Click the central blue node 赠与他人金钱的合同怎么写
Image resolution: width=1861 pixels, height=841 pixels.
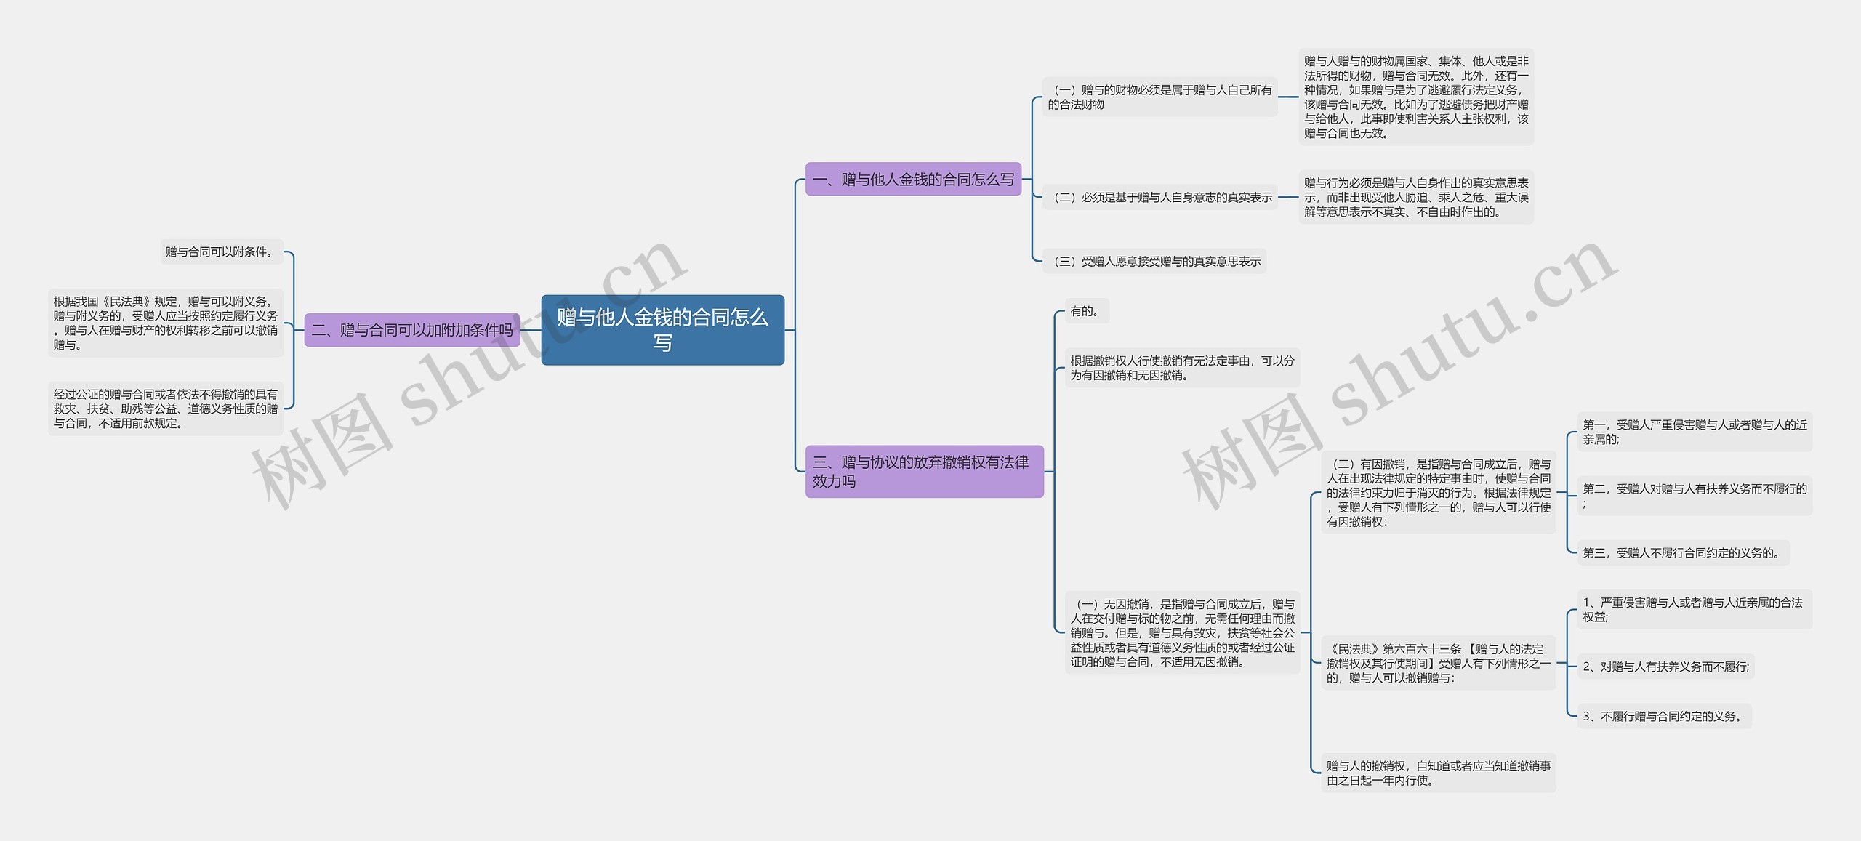click(x=662, y=329)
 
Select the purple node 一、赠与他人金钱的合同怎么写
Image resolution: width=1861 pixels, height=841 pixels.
click(x=913, y=180)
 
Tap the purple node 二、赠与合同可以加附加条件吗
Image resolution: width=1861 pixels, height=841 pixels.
click(x=411, y=330)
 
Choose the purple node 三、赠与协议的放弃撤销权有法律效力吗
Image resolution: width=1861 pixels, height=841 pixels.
click(x=924, y=471)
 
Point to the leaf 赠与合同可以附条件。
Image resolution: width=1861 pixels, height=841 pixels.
click(x=220, y=252)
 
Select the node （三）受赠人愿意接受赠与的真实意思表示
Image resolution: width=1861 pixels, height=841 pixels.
click(x=1155, y=261)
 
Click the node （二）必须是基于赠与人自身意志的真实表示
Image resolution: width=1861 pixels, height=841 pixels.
click(x=1160, y=197)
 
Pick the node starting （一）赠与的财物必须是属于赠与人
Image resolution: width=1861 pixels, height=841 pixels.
click(x=1160, y=97)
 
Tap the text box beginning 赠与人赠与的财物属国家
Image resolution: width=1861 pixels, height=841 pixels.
click(x=1415, y=97)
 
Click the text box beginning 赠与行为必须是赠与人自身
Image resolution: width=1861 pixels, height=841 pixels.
click(x=1415, y=197)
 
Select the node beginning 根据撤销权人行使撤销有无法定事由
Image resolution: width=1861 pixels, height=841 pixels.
click(x=1182, y=368)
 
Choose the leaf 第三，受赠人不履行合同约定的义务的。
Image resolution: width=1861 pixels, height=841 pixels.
click(x=1682, y=552)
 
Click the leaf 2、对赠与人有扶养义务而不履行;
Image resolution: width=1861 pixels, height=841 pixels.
click(x=1665, y=666)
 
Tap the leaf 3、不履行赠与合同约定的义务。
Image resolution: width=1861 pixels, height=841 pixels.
click(x=1663, y=716)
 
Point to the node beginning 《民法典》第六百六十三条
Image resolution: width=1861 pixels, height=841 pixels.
click(x=1438, y=663)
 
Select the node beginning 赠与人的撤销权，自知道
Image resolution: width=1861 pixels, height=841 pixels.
click(x=1438, y=773)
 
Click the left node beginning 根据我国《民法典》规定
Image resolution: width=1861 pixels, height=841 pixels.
click(x=165, y=323)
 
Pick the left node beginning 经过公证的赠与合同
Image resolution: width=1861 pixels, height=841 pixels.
click(x=165, y=409)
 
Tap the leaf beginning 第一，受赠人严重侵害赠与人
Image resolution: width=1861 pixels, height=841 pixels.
click(x=1694, y=432)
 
